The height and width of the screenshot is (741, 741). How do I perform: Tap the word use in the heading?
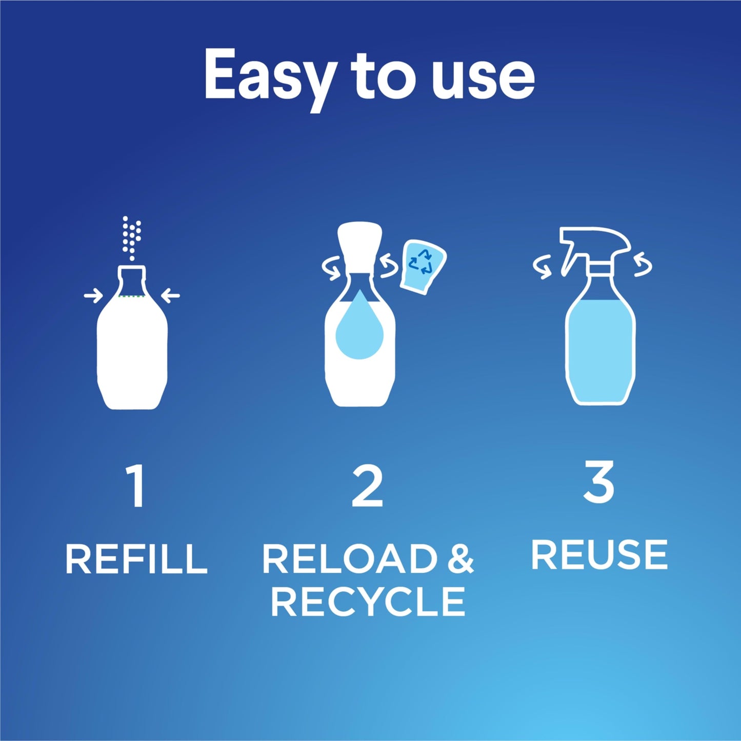tap(484, 77)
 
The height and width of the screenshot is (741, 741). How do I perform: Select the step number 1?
tap(136, 486)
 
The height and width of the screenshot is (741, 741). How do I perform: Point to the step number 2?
tap(367, 486)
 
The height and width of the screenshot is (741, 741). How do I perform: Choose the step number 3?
tap(598, 482)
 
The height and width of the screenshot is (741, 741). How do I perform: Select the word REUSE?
tap(599, 554)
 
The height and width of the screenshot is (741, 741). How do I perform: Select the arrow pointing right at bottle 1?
tap(93, 295)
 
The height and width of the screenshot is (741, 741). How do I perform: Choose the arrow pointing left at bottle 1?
tap(170, 295)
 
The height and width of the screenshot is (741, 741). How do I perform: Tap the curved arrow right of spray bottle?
tap(643, 266)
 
